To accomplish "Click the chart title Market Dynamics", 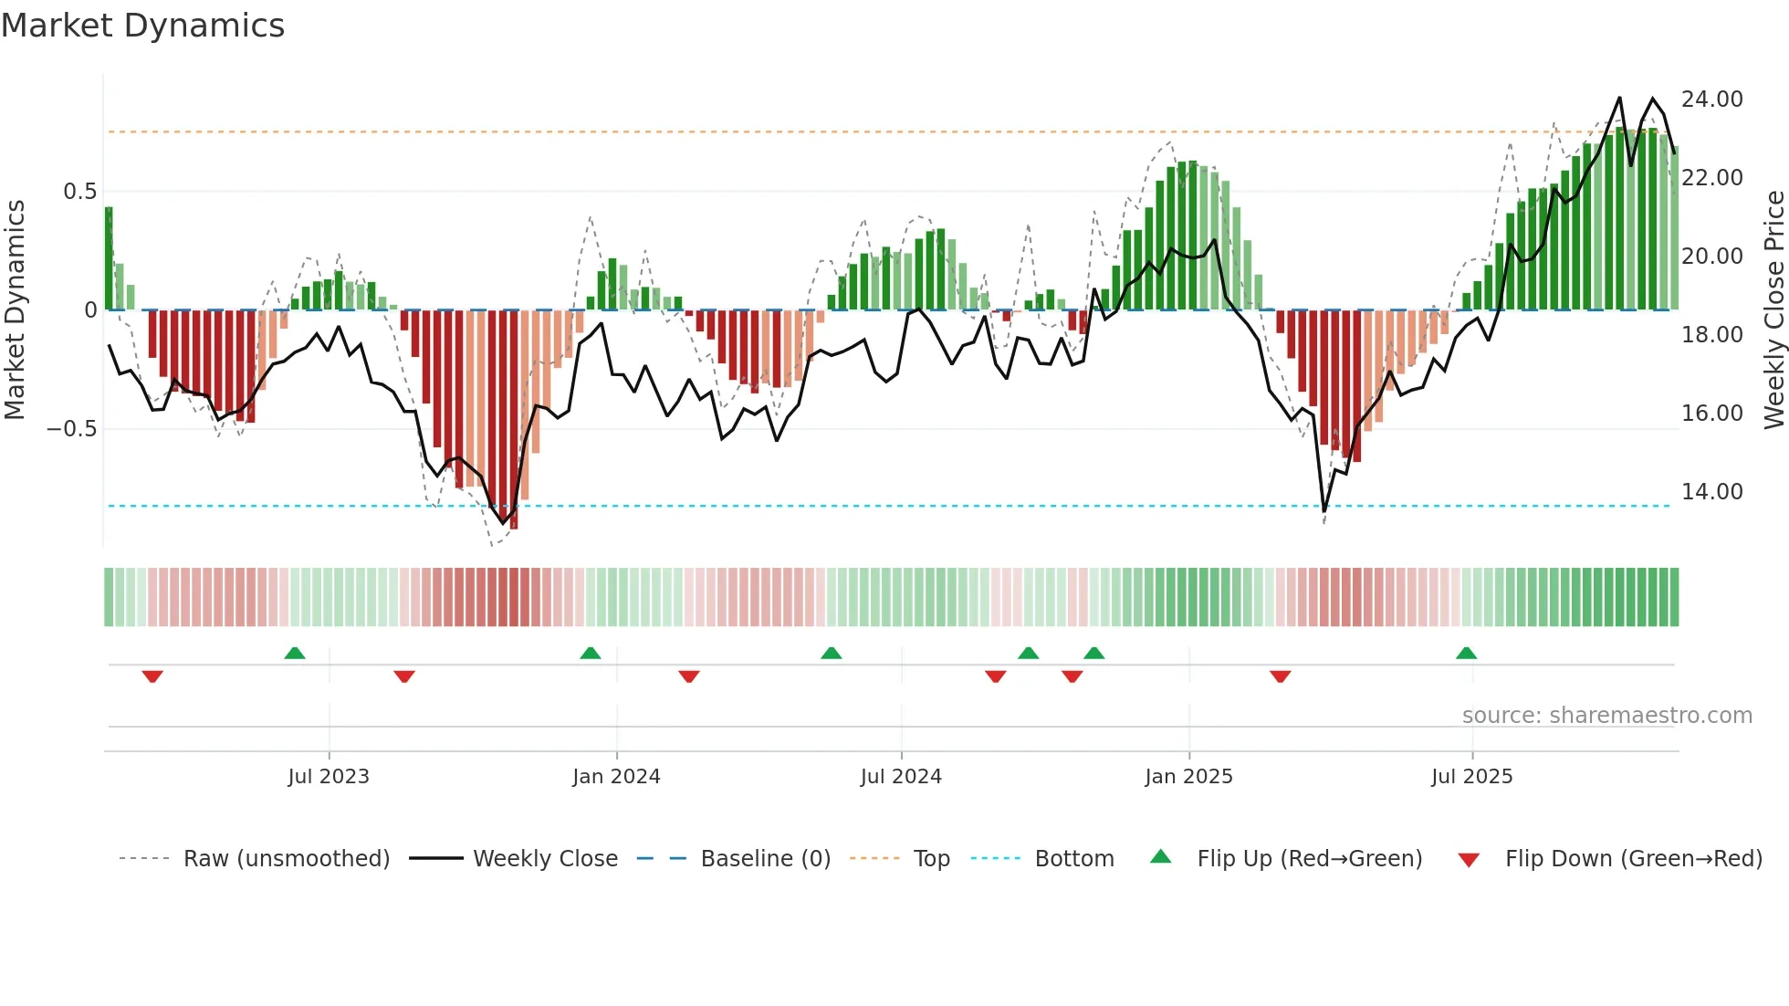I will [x=142, y=26].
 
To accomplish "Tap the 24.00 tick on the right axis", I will [x=1711, y=99].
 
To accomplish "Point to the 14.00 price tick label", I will [x=1711, y=491].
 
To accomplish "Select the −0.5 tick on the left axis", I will [x=71, y=428].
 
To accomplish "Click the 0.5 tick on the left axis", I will [x=79, y=191].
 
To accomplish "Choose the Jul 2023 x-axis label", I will [x=329, y=776].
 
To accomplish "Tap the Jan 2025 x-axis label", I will [x=1188, y=776].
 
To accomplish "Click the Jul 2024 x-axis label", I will [x=901, y=776].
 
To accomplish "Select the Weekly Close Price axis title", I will [x=1773, y=309].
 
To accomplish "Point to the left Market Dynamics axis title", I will [x=15, y=309].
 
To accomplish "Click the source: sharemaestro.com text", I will [x=1606, y=715].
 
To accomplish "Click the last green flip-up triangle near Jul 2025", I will [x=1466, y=653].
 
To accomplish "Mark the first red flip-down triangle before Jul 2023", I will [x=152, y=676].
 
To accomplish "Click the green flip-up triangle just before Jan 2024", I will [x=591, y=653].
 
